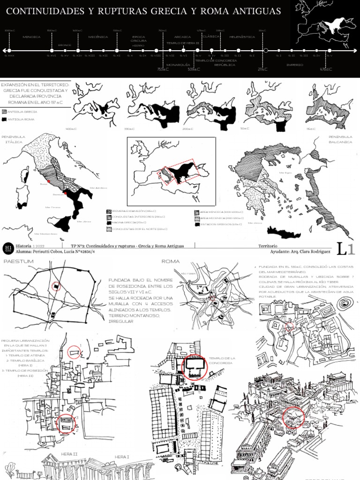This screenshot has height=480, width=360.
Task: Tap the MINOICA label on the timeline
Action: coord(31,37)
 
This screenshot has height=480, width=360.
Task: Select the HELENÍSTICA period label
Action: coord(242,37)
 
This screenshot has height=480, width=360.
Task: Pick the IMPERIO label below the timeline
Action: coord(295,64)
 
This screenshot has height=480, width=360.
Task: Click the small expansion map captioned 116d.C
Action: coord(323,106)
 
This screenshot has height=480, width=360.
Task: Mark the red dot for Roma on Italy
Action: coord(48,180)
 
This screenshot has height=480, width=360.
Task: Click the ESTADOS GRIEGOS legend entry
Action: coord(215,225)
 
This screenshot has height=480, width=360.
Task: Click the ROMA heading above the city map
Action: coord(171,262)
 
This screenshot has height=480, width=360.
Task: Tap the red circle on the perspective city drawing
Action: coord(294,419)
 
